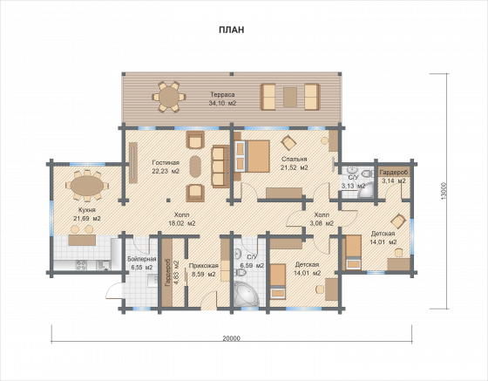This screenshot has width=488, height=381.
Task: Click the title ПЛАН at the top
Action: (231, 30)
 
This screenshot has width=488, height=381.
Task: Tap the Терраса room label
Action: (222, 95)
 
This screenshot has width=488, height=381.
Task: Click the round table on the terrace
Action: (169, 97)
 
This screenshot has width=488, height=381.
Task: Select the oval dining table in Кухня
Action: (87, 186)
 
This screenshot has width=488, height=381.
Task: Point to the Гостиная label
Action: (166, 162)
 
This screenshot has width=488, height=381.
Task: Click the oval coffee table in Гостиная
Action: (195, 167)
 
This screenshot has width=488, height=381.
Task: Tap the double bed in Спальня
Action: (252, 156)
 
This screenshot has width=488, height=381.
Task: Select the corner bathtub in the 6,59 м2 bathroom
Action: (246, 294)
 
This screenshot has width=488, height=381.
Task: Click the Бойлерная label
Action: (142, 259)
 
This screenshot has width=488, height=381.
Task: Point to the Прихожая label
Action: (204, 266)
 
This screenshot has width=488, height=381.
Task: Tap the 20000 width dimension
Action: (232, 338)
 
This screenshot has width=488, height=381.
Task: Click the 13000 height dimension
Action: (444, 191)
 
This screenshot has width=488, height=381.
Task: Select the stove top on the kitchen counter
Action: (82, 265)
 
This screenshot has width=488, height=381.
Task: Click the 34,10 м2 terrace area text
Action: (222, 103)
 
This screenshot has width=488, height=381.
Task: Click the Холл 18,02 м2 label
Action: (182, 219)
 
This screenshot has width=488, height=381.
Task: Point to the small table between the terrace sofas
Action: (290, 98)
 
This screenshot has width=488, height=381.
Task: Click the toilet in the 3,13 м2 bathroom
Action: (368, 173)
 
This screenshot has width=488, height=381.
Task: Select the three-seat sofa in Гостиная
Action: (220, 167)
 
